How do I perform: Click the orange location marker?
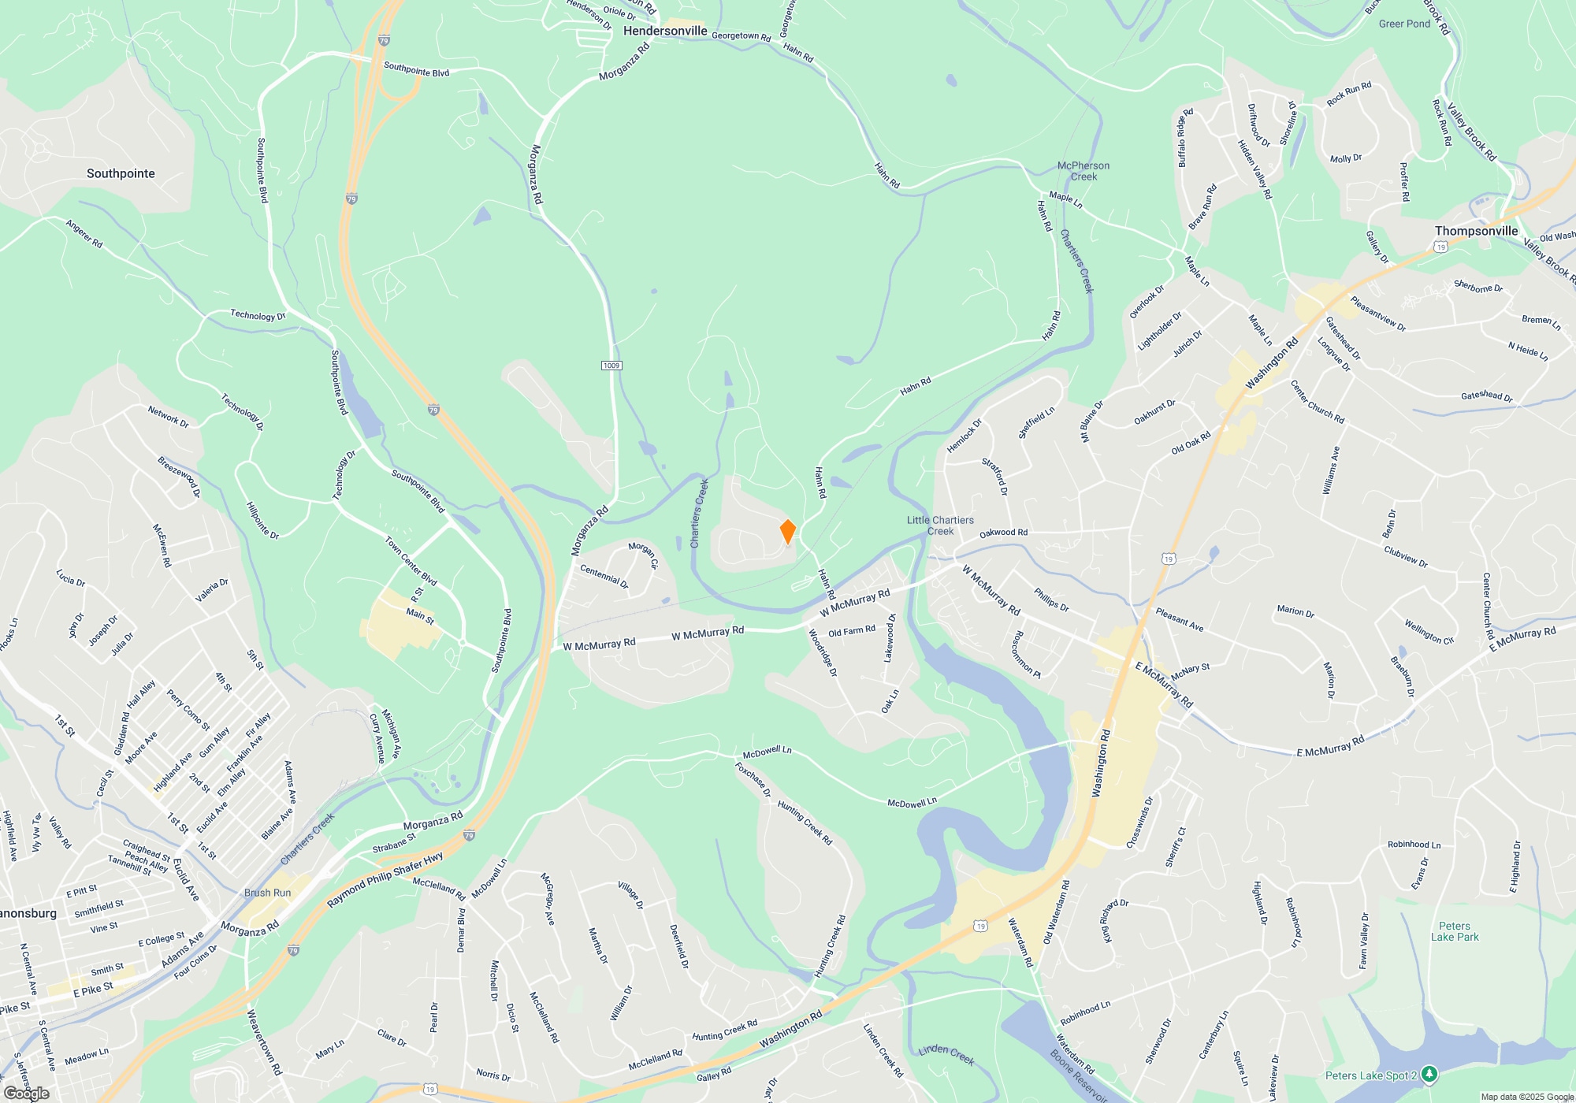(787, 532)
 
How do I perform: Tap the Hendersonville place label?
(665, 31)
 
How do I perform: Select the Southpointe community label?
(121, 173)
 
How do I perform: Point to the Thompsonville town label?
(1476, 231)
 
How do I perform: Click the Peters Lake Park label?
(1455, 931)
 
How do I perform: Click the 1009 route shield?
(611, 366)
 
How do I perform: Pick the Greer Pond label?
(1404, 24)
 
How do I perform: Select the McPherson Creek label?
(1083, 171)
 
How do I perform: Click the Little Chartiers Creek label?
(940, 526)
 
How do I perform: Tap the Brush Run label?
(267, 893)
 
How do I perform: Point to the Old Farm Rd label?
(852, 631)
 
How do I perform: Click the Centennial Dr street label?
(604, 576)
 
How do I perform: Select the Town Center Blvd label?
(411, 561)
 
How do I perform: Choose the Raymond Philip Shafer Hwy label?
(385, 878)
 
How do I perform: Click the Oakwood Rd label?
(1003, 533)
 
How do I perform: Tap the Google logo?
(27, 1093)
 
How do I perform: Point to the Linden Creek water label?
(946, 1054)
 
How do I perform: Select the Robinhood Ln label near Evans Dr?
(1414, 845)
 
